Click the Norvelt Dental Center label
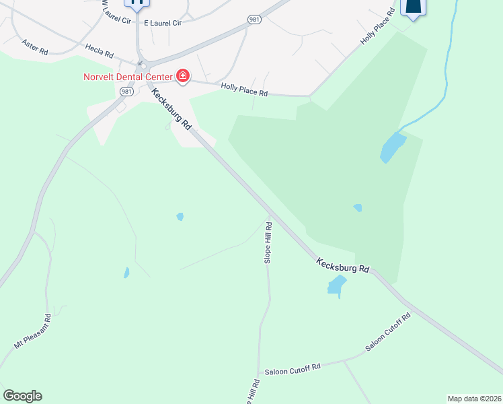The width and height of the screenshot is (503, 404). pos(128,76)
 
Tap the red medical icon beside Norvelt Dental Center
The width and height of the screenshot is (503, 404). pos(182,75)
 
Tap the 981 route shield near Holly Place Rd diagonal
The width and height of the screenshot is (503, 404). pos(254,20)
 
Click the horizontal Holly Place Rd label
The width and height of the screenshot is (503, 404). pos(245,90)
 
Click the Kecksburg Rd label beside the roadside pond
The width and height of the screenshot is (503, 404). pos(343,263)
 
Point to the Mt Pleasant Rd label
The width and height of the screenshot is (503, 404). pos(32,331)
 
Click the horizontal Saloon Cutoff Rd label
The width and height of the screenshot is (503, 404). pos(293,368)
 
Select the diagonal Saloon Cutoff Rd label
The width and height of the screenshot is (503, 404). pos(388,332)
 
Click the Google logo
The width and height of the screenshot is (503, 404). pos(22,396)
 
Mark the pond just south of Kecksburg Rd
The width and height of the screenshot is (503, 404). pos(336,285)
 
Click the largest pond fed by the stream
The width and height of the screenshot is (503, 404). pos(393,147)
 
